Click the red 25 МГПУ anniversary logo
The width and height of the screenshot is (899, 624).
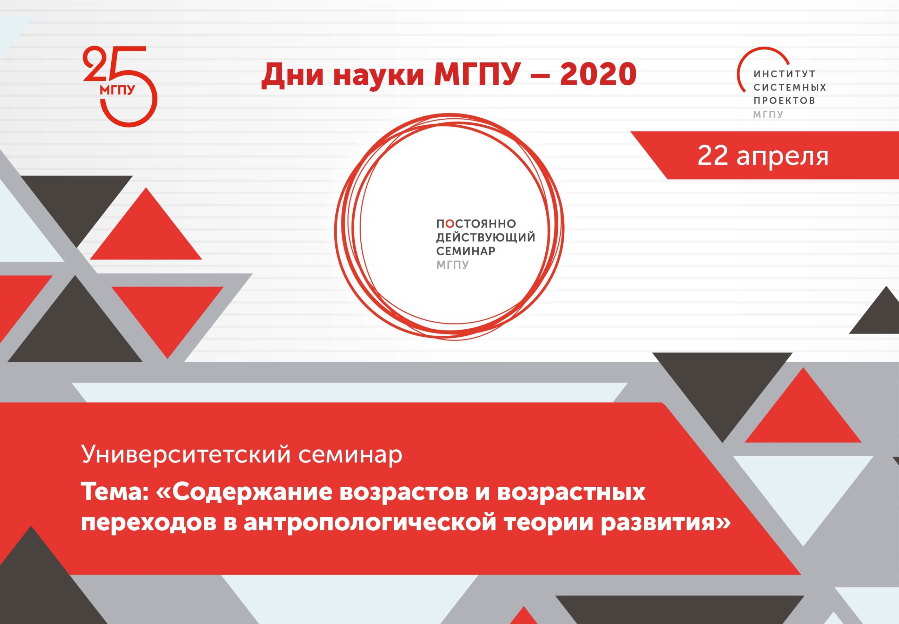coord(120,86)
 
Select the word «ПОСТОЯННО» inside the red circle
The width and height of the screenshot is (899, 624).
coord(476,224)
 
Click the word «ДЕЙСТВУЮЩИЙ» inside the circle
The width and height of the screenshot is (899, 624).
coord(486,237)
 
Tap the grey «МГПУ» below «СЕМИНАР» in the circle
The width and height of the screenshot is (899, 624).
coord(452,265)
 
